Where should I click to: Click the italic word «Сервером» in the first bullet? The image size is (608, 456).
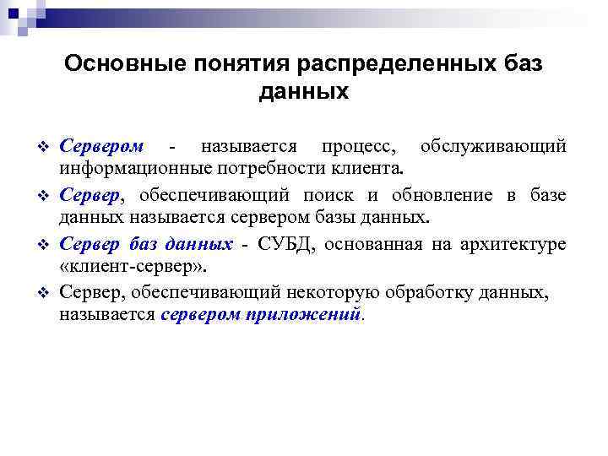(x=101, y=147)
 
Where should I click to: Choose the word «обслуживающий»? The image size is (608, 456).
(x=492, y=147)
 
